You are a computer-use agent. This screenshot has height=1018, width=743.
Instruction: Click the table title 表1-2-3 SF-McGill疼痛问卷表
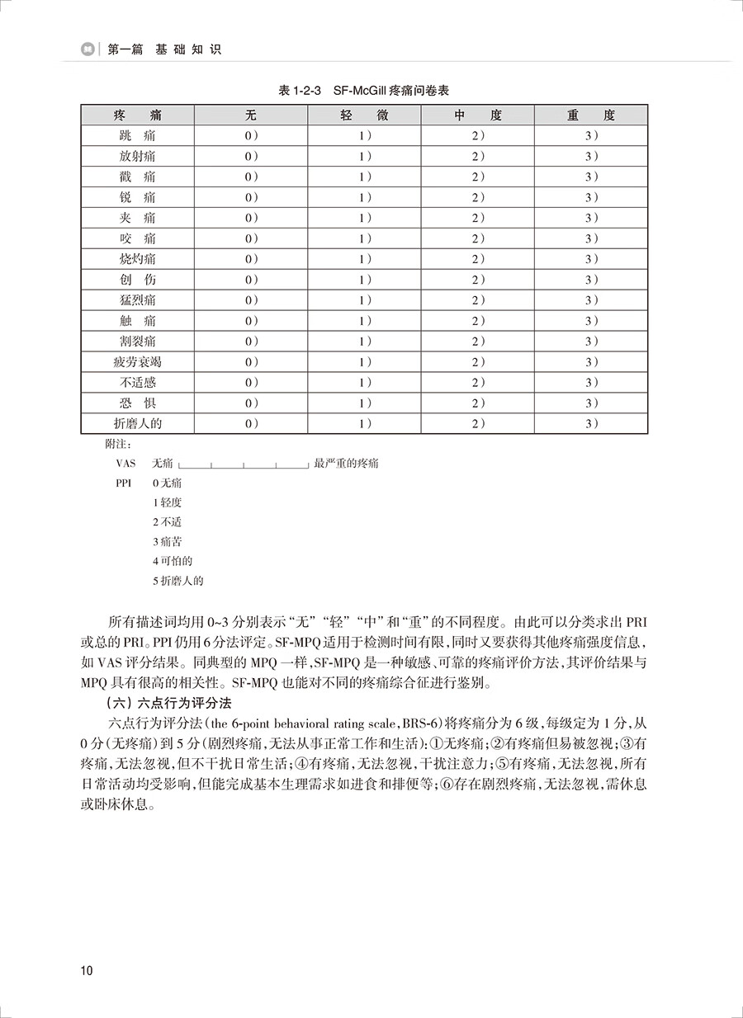(371, 90)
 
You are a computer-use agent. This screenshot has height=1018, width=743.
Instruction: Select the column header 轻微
(364, 115)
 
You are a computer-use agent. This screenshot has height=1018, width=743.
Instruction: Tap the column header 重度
(591, 115)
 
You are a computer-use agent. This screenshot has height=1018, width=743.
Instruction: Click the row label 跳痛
(137, 135)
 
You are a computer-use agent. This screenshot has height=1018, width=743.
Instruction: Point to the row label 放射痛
(137, 156)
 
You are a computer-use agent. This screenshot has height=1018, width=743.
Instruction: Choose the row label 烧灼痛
(137, 259)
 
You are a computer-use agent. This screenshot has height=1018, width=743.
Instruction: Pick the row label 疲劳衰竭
(137, 362)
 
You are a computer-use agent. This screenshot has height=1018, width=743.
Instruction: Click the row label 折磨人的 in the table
(137, 424)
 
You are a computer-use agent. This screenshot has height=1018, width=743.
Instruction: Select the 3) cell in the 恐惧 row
(591, 403)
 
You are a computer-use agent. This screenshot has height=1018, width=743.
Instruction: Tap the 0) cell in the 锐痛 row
(251, 197)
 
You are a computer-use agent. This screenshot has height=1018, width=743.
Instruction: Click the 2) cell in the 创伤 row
(478, 280)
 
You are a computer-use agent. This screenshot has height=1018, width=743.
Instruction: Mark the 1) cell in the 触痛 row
(364, 321)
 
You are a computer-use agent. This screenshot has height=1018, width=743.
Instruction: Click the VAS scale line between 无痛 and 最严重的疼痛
(244, 465)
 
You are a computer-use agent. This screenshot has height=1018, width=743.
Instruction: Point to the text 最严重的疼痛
(347, 464)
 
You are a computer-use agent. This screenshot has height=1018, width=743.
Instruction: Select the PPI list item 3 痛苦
(168, 541)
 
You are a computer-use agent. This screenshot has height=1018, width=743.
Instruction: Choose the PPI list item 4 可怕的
(173, 561)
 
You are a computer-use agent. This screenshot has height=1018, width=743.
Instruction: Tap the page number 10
(88, 970)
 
